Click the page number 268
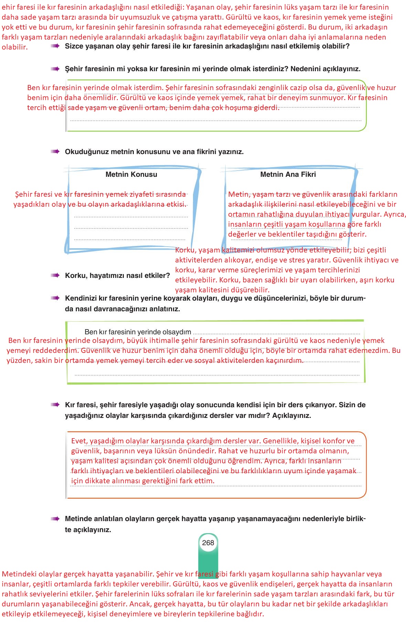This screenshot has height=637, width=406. pyautogui.click(x=208, y=543)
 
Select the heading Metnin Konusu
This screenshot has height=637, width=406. pyautogui.click(x=131, y=174)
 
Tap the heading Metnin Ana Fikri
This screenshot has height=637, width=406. pyautogui.click(x=288, y=174)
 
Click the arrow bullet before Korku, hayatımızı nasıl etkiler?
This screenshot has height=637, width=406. pyautogui.click(x=55, y=276)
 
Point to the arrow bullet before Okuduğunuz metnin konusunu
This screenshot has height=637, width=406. pyautogui.click(x=55, y=152)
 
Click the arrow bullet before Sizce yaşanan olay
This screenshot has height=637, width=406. pyautogui.click(x=55, y=46)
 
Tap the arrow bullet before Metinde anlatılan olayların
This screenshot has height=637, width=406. pyautogui.click(x=55, y=519)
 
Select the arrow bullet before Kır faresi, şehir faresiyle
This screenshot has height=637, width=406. pyautogui.click(x=55, y=405)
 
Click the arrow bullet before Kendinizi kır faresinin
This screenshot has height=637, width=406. pyautogui.click(x=55, y=298)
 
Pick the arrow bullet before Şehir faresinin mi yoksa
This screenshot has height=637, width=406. pyautogui.click(x=55, y=69)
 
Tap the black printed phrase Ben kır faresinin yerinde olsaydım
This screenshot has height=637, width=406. pyautogui.click(x=138, y=332)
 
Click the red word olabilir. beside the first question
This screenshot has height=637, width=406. pyautogui.click(x=14, y=47)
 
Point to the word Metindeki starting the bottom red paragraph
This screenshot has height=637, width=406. pyautogui.click(x=17, y=574)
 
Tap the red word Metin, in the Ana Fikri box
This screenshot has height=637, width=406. pyautogui.click(x=238, y=194)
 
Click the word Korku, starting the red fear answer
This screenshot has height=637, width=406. pyautogui.click(x=186, y=250)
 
